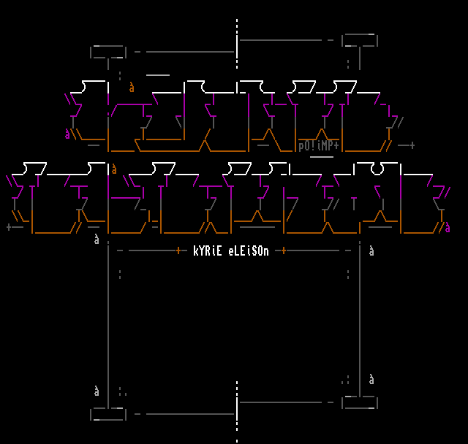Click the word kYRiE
click(208, 251)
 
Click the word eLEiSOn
click(249, 251)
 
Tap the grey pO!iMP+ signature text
click(318, 146)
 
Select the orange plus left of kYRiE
click(178, 250)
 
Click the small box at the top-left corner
click(108, 52)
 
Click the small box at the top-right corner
click(360, 40)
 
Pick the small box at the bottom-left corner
click(108, 414)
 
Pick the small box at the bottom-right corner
click(360, 402)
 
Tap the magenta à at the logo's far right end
click(448, 227)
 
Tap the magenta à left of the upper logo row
click(67, 134)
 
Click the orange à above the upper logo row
click(132, 88)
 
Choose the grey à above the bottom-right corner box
click(371, 380)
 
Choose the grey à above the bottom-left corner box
click(97, 391)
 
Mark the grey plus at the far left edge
click(9, 227)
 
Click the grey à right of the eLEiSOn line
click(371, 251)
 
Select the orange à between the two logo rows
click(114, 169)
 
